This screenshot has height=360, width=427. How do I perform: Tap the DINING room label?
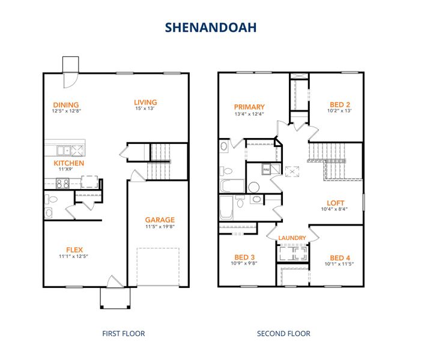click(65, 104)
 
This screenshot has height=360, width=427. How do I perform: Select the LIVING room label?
click(145, 102)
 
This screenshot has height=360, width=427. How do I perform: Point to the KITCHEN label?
click(68, 163)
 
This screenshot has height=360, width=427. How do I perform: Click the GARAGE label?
click(160, 220)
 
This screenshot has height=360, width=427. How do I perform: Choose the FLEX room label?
click(74, 250)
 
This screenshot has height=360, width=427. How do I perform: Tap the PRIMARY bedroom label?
click(249, 107)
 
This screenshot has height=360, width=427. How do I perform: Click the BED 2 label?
click(339, 103)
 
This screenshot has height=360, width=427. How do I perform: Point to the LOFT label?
click(335, 202)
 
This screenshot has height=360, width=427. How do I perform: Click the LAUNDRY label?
click(292, 238)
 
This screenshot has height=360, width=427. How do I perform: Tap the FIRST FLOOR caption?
click(124, 333)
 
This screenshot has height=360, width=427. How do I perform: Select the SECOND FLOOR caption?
click(283, 333)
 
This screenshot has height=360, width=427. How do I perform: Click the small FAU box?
click(266, 170)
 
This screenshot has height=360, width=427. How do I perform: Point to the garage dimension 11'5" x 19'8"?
click(160, 227)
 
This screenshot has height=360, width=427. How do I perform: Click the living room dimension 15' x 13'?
click(145, 109)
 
